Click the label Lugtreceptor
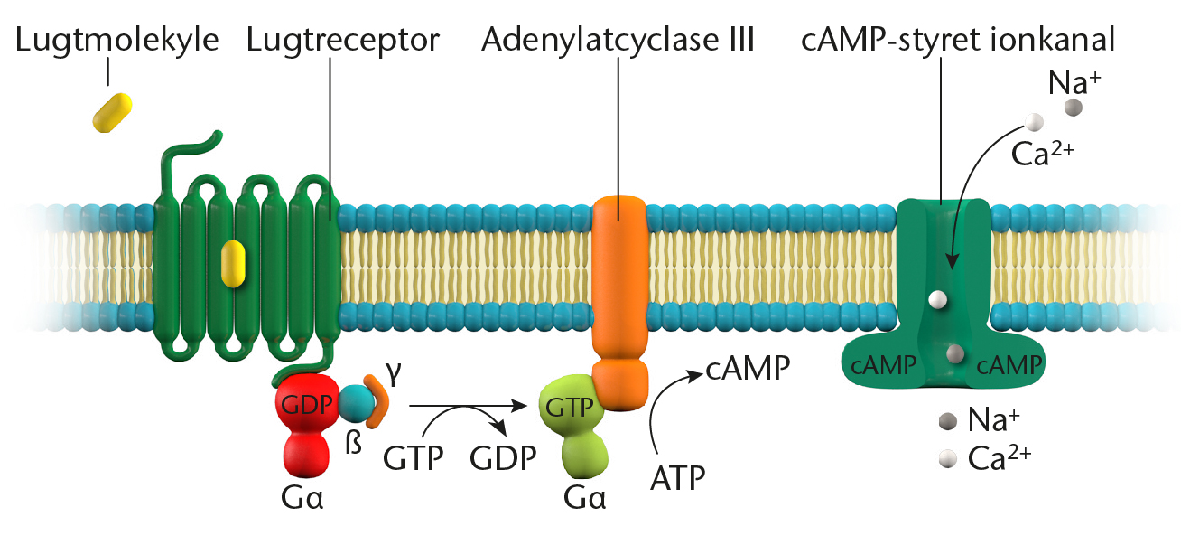point(343,40)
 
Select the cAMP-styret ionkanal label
point(958,40)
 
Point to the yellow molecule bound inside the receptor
point(234,264)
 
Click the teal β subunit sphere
point(354,405)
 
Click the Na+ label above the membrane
point(1074,82)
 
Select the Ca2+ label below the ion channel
point(999,457)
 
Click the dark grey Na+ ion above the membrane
point(1073,108)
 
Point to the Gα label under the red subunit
point(302,497)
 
